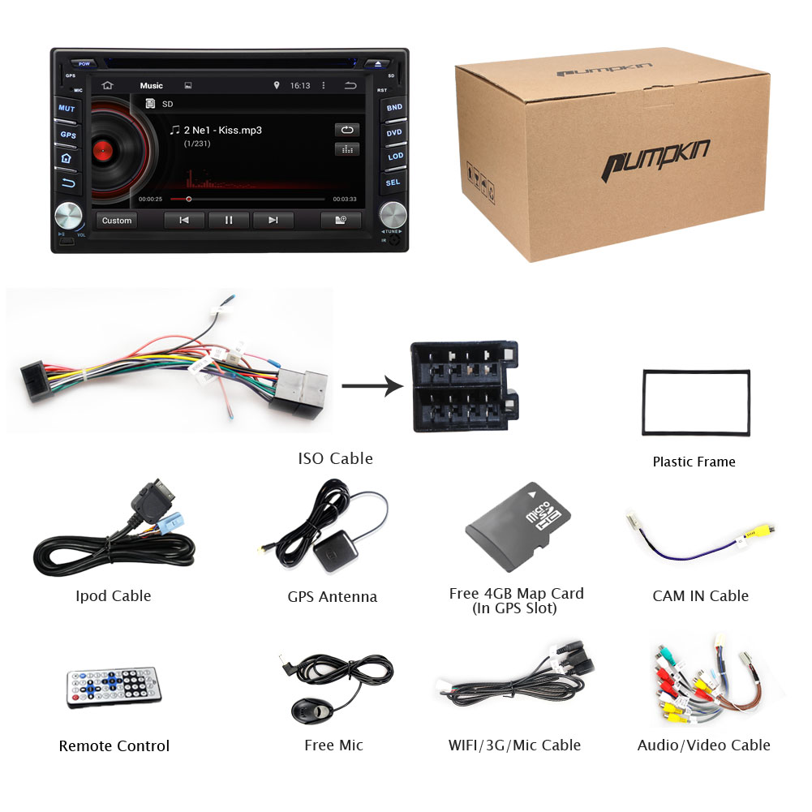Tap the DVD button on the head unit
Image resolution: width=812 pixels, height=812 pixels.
tap(394, 132)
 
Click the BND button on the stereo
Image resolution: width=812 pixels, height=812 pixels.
tap(394, 107)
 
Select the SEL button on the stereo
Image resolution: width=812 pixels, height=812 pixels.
tap(393, 183)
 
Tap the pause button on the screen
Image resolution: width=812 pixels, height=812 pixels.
tap(229, 220)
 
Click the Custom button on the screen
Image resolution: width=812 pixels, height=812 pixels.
tap(117, 221)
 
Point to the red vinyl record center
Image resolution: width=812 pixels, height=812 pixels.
tap(101, 149)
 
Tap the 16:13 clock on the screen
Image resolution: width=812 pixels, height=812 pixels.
tap(300, 85)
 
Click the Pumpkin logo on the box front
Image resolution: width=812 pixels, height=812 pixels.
tap(655, 159)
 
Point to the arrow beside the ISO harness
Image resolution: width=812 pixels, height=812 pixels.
tap(372, 386)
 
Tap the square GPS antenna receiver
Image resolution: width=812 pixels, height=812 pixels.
tap(331, 552)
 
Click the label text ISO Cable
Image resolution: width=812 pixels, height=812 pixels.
tap(335, 458)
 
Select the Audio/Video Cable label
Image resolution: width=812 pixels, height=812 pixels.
tap(703, 745)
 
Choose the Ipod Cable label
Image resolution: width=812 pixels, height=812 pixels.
tap(114, 596)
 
